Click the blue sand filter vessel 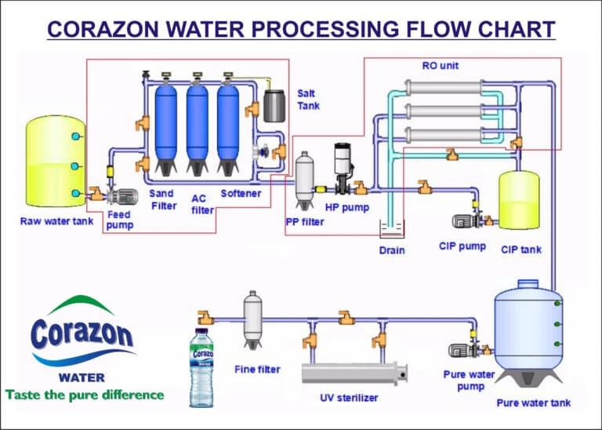coord(166,124)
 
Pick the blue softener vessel coord(228,124)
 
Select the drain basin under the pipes coord(391,230)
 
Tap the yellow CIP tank coord(519,200)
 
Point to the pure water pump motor coord(459,351)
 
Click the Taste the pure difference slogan coord(85,395)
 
